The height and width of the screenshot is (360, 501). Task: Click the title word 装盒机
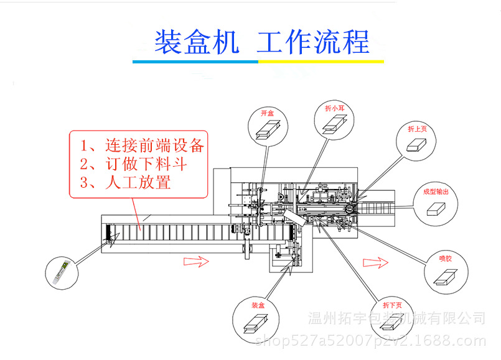tap(196, 42)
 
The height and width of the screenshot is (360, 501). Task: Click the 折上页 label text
tap(417, 129)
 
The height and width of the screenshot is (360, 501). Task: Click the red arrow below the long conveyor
tap(196, 261)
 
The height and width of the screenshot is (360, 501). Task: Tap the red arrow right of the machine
tap(376, 263)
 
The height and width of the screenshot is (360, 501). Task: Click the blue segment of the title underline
tap(195, 62)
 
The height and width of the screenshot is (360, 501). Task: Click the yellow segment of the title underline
tap(321, 62)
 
